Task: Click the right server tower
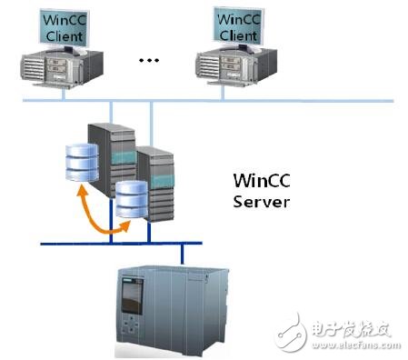[156, 186]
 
